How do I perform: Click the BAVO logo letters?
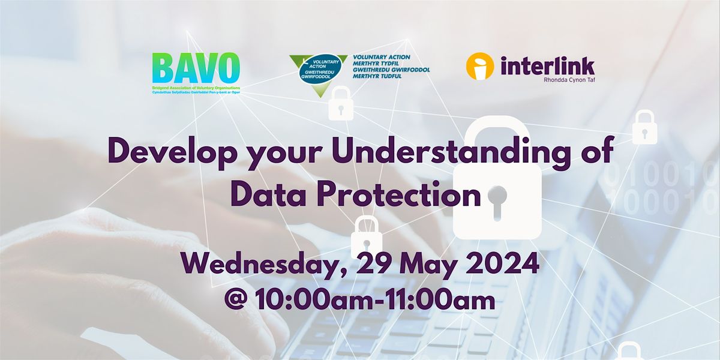point(196,69)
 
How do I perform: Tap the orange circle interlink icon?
point(479,66)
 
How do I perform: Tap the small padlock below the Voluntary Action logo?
point(341,104)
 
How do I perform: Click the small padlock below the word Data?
point(367,235)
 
